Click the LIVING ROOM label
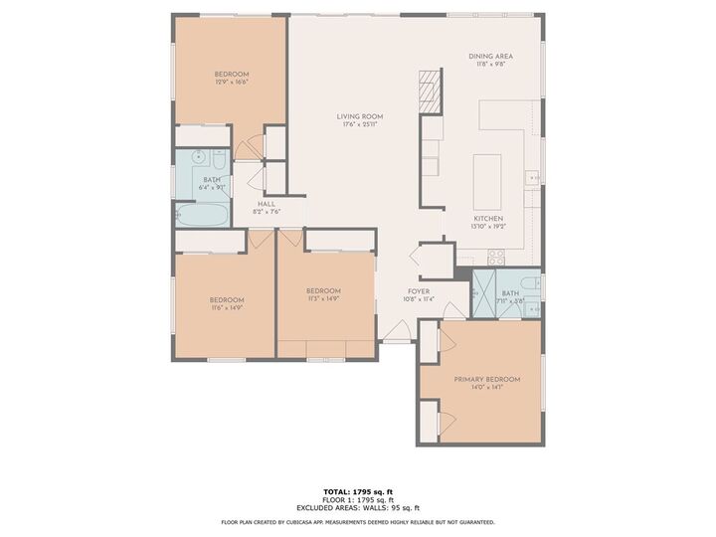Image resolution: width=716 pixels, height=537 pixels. click(x=362, y=116)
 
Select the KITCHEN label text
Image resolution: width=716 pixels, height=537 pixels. click(x=487, y=219)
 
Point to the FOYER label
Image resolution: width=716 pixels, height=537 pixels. click(x=418, y=291)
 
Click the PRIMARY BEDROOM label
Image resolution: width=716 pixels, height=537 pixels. click(x=486, y=380)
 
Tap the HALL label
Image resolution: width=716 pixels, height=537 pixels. click(x=267, y=204)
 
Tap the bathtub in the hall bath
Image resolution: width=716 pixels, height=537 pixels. click(x=203, y=214)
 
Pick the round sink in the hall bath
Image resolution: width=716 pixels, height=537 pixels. click(x=198, y=156)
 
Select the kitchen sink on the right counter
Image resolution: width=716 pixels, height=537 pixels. click(x=533, y=179)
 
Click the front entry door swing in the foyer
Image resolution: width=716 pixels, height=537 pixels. click(x=397, y=331)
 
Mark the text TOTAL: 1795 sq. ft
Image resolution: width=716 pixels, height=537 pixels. click(x=358, y=492)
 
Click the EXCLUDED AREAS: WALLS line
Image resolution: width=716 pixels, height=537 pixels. click(x=358, y=507)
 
